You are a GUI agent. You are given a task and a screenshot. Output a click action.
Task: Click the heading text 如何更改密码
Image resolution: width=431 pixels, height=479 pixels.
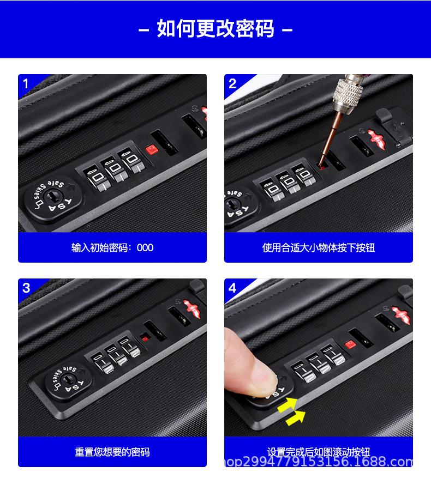(215, 28)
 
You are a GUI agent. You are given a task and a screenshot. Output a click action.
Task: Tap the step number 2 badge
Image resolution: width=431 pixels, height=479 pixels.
(232, 83)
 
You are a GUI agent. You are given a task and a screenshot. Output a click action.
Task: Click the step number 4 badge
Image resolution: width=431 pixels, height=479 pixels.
(232, 288)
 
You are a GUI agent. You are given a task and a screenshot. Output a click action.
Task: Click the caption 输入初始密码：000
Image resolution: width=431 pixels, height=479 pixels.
(112, 248)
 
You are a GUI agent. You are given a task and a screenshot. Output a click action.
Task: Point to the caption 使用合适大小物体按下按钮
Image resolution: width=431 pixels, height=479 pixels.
(319, 248)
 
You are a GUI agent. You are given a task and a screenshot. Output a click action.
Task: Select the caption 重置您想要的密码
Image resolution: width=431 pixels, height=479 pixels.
(112, 452)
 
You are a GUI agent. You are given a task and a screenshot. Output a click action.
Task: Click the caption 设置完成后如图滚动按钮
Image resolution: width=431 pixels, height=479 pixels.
(319, 452)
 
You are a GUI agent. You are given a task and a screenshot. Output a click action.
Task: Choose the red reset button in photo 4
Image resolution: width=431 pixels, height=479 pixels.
(350, 344)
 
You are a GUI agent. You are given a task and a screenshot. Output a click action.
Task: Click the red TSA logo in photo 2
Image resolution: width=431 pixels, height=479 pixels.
(380, 136)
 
